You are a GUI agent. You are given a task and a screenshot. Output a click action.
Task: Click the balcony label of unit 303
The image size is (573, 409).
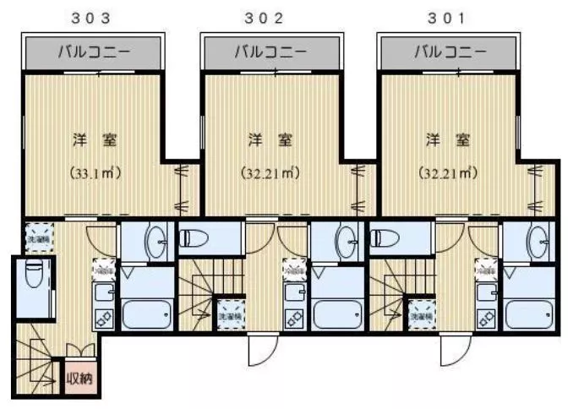click(x=94, y=52)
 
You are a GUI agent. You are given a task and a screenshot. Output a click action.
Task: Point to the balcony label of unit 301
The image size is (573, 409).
click(x=450, y=52)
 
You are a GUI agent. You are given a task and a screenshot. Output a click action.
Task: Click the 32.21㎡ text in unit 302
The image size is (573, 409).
click(x=270, y=175)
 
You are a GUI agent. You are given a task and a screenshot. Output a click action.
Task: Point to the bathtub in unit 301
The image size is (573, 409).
click(x=528, y=314)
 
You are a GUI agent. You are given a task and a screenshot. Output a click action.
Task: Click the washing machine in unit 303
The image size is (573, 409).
click(x=39, y=237)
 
